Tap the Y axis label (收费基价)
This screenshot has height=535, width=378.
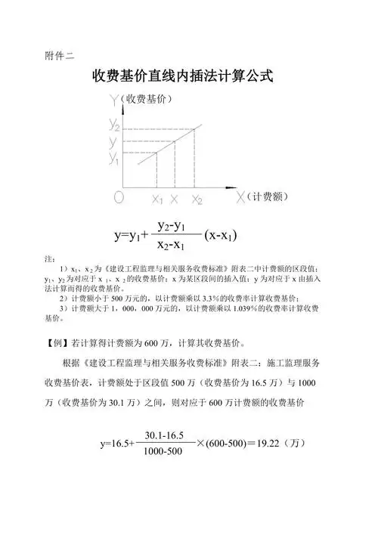[147, 99]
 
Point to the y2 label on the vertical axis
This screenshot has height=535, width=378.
[114, 123]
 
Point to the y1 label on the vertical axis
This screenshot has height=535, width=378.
[114, 159]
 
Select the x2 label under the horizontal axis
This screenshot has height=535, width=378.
[197, 200]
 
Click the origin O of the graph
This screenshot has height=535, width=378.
[119, 197]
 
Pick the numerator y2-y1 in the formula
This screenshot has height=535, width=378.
[173, 226]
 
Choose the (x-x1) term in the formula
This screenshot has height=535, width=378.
[222, 235]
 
